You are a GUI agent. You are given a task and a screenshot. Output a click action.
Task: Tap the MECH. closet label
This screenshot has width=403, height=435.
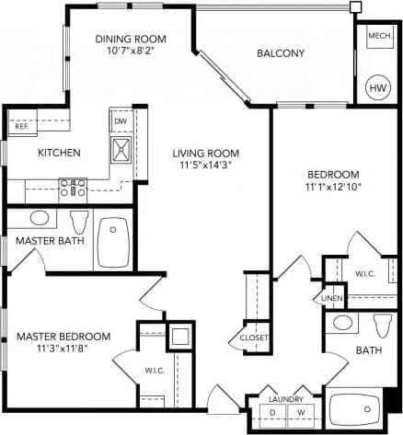379,37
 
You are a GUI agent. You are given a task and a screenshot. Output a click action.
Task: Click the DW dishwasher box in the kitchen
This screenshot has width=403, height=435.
121,120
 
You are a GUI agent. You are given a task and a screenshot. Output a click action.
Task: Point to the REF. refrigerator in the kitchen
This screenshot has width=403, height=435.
21,126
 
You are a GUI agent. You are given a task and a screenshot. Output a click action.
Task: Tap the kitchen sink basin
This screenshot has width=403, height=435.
121,148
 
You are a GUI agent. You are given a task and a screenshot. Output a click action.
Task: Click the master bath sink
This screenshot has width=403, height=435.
39,218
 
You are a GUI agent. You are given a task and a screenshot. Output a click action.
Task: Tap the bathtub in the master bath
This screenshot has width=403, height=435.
113,242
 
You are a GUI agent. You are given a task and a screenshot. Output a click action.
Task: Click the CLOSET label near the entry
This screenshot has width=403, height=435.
254,338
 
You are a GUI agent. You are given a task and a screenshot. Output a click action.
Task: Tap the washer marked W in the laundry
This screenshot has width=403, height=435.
300,413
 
